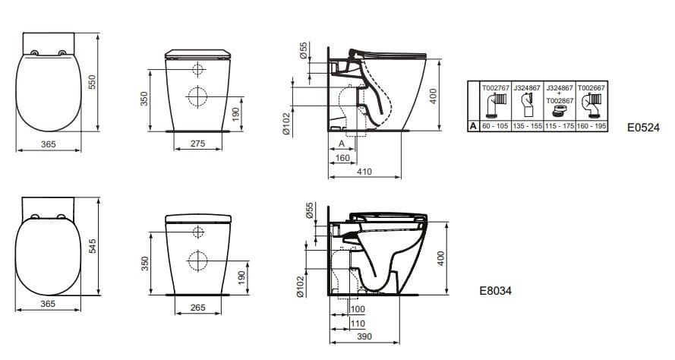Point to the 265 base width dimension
[197, 307]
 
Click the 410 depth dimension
[365, 172]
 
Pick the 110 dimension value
[358, 323]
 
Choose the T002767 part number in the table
[495, 88]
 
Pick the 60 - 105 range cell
[495, 126]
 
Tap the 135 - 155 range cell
[526, 126]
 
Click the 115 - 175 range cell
[558, 126]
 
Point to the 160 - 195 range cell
[590, 126]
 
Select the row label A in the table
[474, 126]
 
